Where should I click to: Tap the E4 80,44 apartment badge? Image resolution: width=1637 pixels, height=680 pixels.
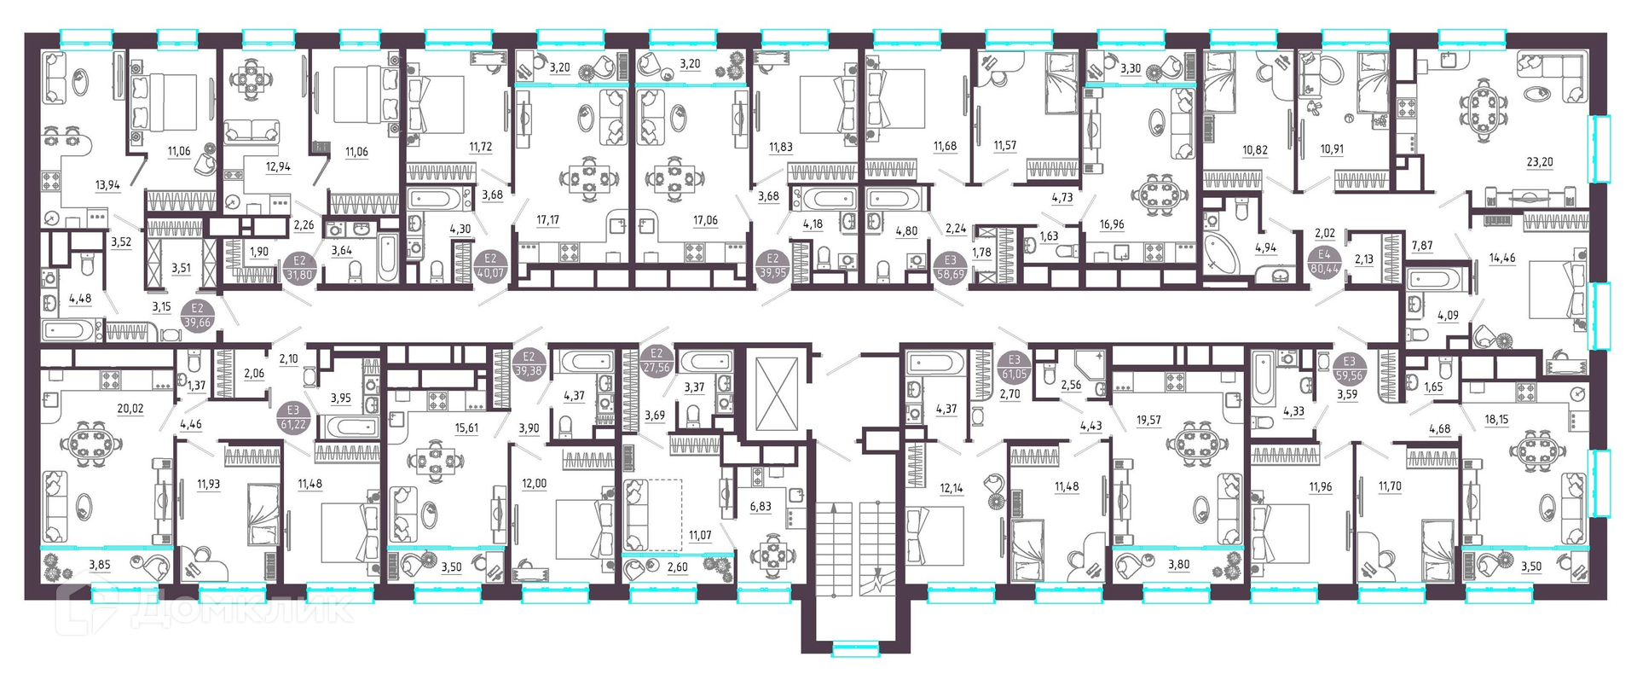pyautogui.click(x=1324, y=261)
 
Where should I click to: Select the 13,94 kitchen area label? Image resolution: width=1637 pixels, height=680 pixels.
pyautogui.click(x=107, y=184)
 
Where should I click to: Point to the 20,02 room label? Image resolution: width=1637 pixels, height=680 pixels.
pyautogui.click(x=130, y=409)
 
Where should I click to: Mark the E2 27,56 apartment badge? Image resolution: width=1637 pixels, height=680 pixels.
pyautogui.click(x=657, y=360)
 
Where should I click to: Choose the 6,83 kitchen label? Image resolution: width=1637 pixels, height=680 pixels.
pyautogui.click(x=761, y=506)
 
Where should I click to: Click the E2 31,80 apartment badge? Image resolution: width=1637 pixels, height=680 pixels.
pyautogui.click(x=299, y=268)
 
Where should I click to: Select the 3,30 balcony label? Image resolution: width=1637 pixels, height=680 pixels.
pyautogui.click(x=1131, y=68)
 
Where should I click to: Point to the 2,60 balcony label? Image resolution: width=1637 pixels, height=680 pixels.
pyautogui.click(x=677, y=567)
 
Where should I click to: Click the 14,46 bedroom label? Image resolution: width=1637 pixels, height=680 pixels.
pyautogui.click(x=1502, y=258)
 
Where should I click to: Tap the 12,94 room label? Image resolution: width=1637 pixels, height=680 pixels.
pyautogui.click(x=278, y=166)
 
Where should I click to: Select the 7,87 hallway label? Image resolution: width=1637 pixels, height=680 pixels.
pyautogui.click(x=1422, y=246)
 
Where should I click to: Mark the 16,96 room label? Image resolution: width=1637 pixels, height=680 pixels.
pyautogui.click(x=1112, y=225)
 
